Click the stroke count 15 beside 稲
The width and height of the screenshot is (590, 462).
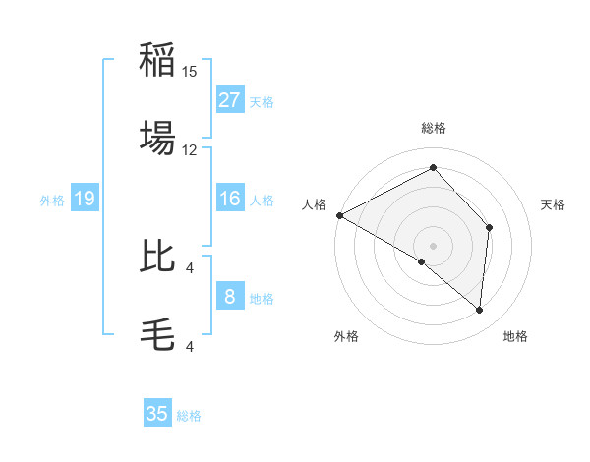point(190,72)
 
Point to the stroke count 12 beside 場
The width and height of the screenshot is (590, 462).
point(190,149)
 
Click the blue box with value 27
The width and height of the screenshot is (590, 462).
point(230,100)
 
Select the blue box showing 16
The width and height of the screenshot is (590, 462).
point(230,199)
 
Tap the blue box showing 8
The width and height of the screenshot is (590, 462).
point(230,297)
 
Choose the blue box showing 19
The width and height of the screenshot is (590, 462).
point(85,199)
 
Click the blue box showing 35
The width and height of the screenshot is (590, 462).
point(157,414)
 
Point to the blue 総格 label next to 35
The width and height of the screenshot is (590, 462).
point(189,416)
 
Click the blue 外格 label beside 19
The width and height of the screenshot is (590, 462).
point(52,201)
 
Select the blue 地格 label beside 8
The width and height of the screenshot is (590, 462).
point(262,299)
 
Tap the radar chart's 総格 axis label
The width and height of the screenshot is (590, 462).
point(434,128)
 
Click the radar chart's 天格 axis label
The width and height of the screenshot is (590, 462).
point(554,204)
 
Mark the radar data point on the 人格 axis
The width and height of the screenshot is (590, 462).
point(339,215)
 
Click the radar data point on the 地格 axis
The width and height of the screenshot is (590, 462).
point(479,310)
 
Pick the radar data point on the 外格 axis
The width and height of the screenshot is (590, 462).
point(422,261)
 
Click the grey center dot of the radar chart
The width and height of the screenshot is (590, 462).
point(433,245)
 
